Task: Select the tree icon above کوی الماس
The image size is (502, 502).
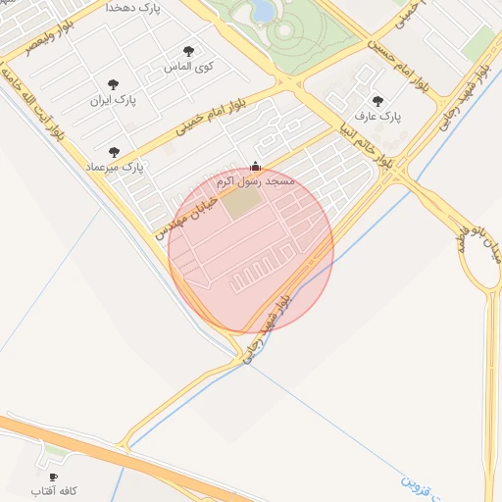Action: click(x=188, y=51)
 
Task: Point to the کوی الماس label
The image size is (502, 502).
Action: click(x=191, y=68)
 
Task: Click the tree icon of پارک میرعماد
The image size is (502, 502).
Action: click(x=115, y=152)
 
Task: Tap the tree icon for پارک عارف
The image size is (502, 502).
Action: click(x=377, y=100)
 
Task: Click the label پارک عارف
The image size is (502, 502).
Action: click(x=380, y=116)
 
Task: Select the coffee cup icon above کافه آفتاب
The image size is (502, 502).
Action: click(x=54, y=477)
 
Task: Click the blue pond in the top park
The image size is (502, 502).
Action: click(x=263, y=10)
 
